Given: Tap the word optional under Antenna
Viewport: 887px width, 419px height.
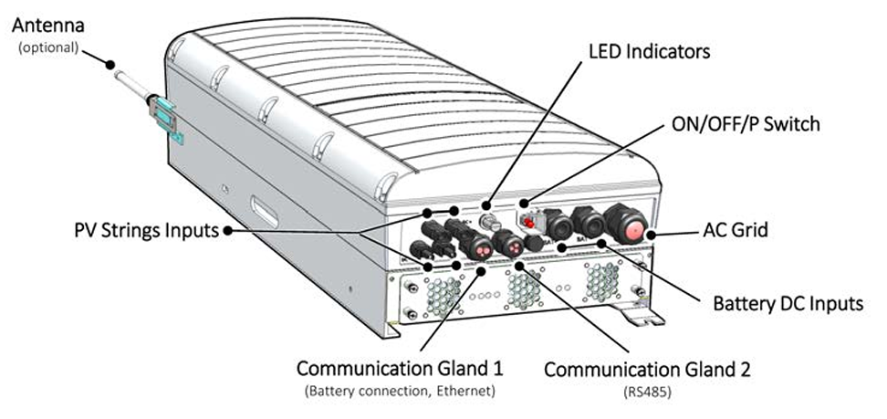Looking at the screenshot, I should point(47,47).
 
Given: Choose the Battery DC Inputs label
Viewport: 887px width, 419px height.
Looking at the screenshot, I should point(788,303).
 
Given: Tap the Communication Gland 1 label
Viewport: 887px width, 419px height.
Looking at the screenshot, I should point(399,370).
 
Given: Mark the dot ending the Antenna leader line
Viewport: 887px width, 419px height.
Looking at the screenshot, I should point(110,65).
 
